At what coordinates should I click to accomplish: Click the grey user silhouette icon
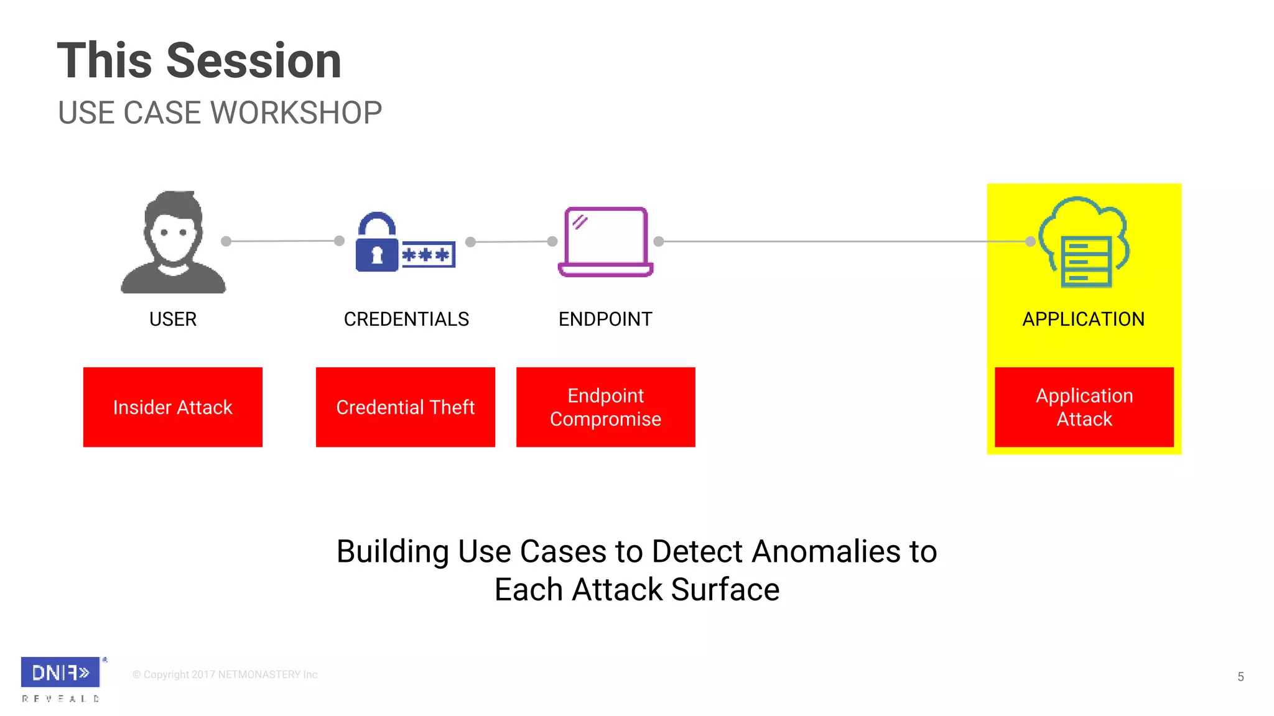pos(173,242)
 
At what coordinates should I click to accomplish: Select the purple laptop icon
pos(605,242)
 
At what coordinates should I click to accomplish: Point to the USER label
pos(173,319)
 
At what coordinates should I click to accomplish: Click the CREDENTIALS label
pos(406,319)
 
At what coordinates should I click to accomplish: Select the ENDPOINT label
pos(605,319)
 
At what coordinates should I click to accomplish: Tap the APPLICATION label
pos(1083,319)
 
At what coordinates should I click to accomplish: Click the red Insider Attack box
pos(173,407)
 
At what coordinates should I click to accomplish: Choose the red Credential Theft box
pos(406,407)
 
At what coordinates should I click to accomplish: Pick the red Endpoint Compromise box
pos(605,407)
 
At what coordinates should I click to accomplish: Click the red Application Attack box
pos(1084,407)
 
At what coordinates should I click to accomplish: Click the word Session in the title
pos(254,61)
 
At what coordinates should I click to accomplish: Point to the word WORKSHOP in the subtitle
pos(296,113)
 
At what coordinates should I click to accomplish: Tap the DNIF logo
pos(60,672)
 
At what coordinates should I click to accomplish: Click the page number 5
pos(1240,677)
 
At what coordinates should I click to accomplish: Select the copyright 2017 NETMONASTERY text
pos(225,675)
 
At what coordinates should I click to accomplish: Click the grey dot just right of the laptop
pos(659,241)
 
